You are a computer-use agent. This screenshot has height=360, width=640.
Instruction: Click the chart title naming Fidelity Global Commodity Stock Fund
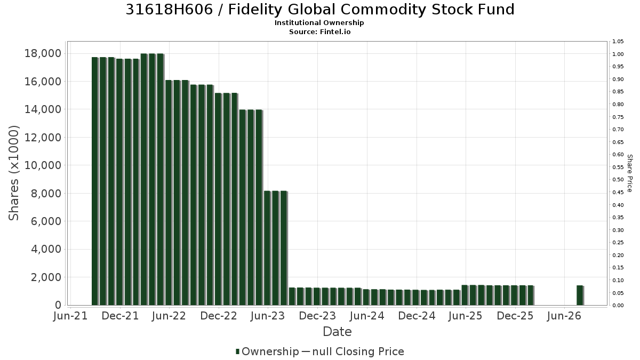click(320, 10)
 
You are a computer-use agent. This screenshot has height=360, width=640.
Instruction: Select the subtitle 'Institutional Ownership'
click(319, 23)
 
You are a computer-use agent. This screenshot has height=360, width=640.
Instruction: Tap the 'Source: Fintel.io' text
click(319, 31)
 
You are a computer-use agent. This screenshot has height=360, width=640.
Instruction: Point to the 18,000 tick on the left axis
click(43, 53)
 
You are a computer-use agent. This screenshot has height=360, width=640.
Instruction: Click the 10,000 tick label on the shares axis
click(43, 165)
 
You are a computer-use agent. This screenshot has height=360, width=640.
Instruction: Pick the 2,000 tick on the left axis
click(46, 277)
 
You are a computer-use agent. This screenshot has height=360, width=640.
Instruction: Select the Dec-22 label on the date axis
click(219, 316)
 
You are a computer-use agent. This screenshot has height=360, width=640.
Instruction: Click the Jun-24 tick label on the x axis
click(367, 316)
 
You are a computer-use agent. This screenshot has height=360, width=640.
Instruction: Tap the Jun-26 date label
click(564, 316)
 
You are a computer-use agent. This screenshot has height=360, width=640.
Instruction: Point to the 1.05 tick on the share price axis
click(618, 42)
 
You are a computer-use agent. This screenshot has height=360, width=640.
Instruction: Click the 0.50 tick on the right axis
click(618, 180)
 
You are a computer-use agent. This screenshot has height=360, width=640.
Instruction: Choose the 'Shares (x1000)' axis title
click(13, 173)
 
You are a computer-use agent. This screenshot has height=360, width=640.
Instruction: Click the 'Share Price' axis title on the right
click(629, 173)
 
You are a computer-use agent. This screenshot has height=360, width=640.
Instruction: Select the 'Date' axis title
click(337, 332)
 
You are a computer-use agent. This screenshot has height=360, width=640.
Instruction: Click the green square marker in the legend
click(237, 351)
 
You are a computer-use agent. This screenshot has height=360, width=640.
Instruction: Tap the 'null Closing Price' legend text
click(358, 351)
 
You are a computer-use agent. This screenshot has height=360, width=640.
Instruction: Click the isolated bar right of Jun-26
click(580, 295)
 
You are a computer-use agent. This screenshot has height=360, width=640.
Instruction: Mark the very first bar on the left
click(95, 181)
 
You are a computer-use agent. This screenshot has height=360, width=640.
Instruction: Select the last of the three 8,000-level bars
click(284, 248)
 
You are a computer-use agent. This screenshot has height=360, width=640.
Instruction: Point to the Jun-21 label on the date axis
click(70, 316)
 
